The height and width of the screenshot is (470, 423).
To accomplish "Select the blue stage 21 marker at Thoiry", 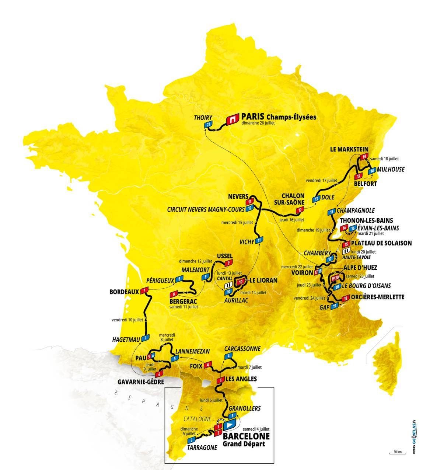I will (209, 125).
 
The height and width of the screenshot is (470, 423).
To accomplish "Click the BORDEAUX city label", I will (124, 292).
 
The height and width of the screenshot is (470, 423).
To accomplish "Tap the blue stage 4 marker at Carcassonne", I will (229, 356).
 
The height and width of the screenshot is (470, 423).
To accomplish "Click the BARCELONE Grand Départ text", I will (246, 439).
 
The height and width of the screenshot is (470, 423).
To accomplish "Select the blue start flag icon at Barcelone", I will (229, 425).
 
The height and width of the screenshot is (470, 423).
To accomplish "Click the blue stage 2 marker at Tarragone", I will (191, 440).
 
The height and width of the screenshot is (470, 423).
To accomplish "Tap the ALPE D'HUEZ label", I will (360, 268).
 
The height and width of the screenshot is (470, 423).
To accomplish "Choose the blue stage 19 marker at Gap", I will (334, 306).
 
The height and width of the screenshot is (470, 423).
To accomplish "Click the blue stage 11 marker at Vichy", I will (259, 240).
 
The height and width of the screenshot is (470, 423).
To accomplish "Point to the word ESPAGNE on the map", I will (158, 401).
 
